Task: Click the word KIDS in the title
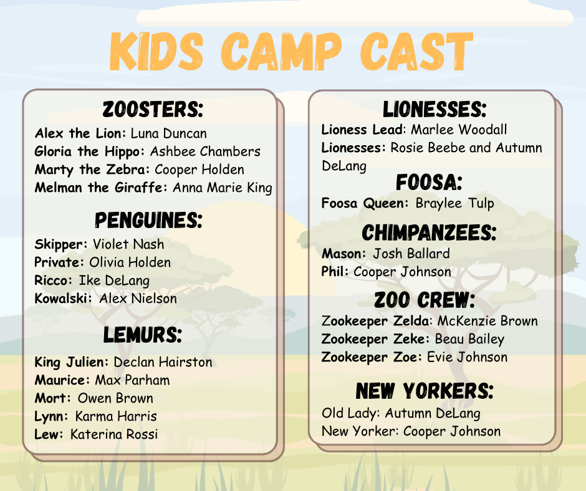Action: tap(156, 51)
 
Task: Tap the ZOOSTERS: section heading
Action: tap(153, 110)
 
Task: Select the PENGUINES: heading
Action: tap(148, 220)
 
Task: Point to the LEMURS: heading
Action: tap(142, 335)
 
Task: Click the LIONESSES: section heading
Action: tap(435, 109)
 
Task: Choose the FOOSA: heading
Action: tap(429, 183)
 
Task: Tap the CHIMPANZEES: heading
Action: tap(429, 232)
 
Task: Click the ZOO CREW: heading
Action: tap(425, 300)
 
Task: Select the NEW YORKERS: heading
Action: tap(425, 391)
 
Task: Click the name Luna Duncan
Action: tap(168, 133)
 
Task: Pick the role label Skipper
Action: tap(59, 245)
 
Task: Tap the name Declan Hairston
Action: tap(163, 362)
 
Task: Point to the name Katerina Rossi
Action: tap(114, 434)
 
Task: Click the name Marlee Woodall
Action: tap(459, 130)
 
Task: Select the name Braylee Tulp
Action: tap(455, 203)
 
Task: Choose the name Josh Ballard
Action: tap(411, 254)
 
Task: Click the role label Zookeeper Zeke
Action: tap(373, 340)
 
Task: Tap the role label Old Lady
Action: tap(349, 413)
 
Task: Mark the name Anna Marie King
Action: tap(223, 188)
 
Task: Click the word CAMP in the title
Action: tap(281, 51)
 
